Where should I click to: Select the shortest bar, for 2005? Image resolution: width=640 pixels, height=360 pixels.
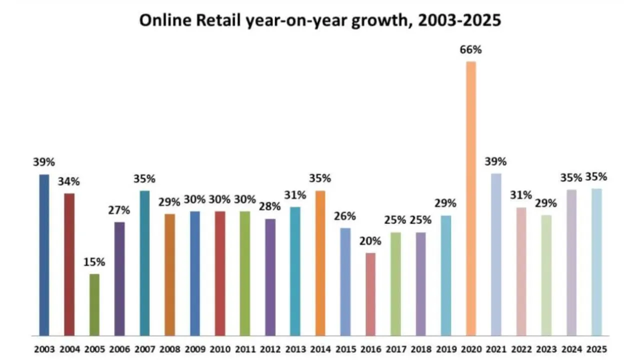click(94, 304)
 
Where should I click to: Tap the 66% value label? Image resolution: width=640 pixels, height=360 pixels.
click(470, 50)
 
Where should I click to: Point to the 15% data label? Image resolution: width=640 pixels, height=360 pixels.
click(94, 262)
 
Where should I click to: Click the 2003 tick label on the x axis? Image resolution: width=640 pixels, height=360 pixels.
click(44, 348)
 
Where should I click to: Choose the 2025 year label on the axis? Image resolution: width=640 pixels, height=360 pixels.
click(596, 348)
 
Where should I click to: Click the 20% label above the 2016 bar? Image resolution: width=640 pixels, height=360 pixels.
click(370, 241)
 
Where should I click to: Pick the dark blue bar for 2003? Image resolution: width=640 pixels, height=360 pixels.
click(44, 254)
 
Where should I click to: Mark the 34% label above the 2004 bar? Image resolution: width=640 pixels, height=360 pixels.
click(69, 181)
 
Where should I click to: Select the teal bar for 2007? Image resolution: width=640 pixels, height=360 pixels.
click(144, 263)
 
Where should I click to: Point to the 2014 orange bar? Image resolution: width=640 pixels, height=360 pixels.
click(320, 263)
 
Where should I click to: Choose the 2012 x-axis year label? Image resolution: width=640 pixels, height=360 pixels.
click(270, 348)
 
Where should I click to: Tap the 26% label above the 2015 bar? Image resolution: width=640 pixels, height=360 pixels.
click(345, 216)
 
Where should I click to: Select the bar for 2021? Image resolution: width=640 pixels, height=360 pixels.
click(496, 254)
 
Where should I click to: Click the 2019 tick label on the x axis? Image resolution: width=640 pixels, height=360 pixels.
click(445, 348)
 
